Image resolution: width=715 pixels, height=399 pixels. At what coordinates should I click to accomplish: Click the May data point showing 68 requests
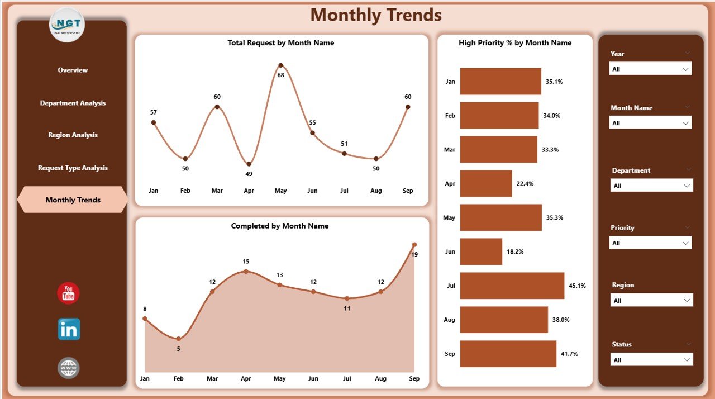(x=280, y=65)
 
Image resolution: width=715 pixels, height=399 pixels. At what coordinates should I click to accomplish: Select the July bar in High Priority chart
(x=512, y=286)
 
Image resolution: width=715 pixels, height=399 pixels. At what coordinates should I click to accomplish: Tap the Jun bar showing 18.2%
(x=481, y=251)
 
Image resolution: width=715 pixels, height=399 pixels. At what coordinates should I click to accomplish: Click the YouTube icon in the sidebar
(x=68, y=293)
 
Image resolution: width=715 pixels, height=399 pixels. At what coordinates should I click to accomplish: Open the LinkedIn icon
(x=69, y=329)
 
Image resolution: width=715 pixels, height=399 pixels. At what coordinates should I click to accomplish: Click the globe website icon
(x=68, y=368)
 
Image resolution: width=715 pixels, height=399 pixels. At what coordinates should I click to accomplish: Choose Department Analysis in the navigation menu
(x=73, y=103)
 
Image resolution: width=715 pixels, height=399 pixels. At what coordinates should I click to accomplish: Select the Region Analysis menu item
(x=73, y=135)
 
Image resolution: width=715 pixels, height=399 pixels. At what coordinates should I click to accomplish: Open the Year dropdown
(x=650, y=69)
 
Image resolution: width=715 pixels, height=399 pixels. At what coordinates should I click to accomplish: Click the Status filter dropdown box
(x=651, y=360)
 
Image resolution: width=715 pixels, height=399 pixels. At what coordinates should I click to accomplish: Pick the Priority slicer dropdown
(x=650, y=243)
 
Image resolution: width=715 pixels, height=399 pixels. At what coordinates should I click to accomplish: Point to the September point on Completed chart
(x=414, y=244)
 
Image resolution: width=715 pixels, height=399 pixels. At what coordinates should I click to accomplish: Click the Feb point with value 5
(x=178, y=339)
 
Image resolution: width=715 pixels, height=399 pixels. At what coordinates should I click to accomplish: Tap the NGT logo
(x=67, y=25)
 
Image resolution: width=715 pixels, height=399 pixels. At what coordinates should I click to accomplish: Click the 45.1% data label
(x=577, y=286)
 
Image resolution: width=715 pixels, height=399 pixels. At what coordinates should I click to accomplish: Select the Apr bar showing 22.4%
(x=486, y=183)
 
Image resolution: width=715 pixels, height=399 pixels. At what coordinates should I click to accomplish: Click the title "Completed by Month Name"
(x=279, y=226)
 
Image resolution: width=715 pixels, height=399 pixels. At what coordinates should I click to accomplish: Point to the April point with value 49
(x=249, y=164)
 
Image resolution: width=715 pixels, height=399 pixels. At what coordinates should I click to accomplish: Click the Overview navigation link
(x=73, y=70)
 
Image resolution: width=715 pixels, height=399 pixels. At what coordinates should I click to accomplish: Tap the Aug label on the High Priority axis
(x=449, y=320)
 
